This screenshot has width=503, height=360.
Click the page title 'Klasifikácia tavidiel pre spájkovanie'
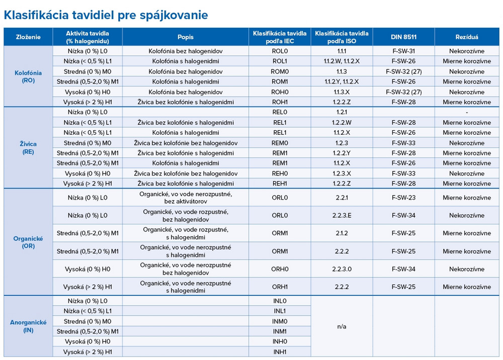pyautogui.click(x=106, y=15)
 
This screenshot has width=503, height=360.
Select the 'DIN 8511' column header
pyautogui.click(x=403, y=37)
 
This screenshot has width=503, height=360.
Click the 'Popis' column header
pyautogui.click(x=185, y=37)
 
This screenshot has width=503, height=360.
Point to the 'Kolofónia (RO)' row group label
pyautogui.click(x=28, y=76)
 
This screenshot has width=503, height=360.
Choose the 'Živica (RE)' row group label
pyautogui.click(x=28, y=148)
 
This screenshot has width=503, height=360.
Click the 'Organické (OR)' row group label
pyautogui.click(x=28, y=242)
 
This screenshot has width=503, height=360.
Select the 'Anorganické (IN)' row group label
pyautogui.click(x=28, y=326)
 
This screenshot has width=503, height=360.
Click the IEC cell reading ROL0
pyautogui.click(x=280, y=51)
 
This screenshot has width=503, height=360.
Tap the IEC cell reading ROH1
pyautogui.click(x=280, y=102)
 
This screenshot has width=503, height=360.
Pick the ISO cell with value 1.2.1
pyautogui.click(x=342, y=112)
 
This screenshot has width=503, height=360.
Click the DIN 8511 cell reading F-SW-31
pyautogui.click(x=403, y=51)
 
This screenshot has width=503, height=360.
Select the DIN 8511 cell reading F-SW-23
pyautogui.click(x=403, y=198)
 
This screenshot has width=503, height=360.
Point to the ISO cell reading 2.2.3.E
pyautogui.click(x=342, y=215)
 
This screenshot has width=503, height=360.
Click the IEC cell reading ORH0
pyautogui.click(x=280, y=269)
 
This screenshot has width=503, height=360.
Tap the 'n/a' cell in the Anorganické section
pyautogui.click(x=342, y=326)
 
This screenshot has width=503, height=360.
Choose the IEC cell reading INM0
pyautogui.click(x=280, y=321)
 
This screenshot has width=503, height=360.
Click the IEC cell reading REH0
pyautogui.click(x=280, y=173)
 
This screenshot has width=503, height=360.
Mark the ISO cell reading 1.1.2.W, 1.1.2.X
pyautogui.click(x=342, y=61)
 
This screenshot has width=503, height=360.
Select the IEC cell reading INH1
pyautogui.click(x=280, y=352)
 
